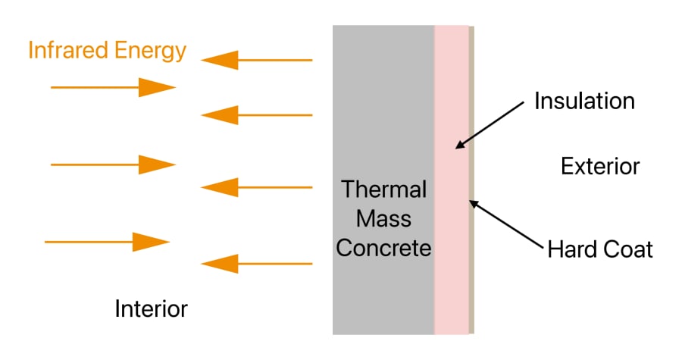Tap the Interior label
pos(151,308)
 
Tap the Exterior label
pos(600,166)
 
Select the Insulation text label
pos(584,101)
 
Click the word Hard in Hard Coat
pos(573,249)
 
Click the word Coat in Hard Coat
pos(628,249)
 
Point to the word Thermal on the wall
pos(383,189)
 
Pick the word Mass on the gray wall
pos(383,219)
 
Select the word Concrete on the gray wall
pos(383,248)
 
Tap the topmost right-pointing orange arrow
pos(114,88)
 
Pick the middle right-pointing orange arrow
pos(114,164)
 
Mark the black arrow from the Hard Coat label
pos(508,224)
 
